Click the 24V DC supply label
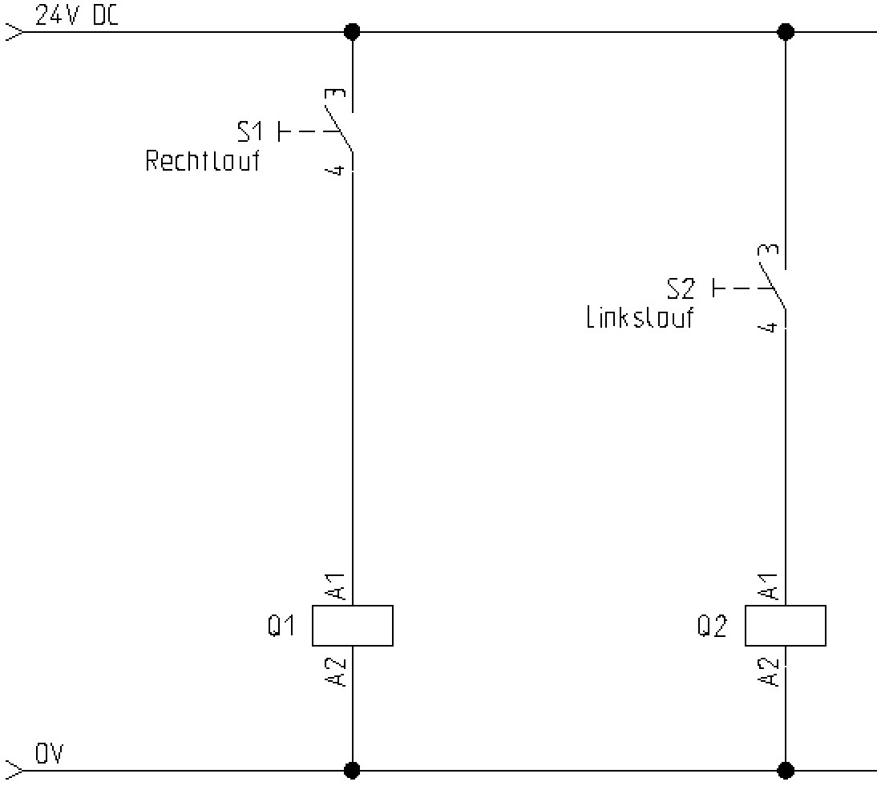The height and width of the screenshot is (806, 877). coord(77,16)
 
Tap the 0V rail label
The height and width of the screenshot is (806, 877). coord(49,754)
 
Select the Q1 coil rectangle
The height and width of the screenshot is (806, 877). coord(352,625)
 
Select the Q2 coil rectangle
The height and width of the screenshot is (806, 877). coord(785,625)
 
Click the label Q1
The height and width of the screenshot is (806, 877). coord(282,626)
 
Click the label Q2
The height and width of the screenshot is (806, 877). coord(712,626)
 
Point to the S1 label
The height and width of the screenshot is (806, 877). coord(251,131)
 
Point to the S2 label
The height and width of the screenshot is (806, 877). coord(682,288)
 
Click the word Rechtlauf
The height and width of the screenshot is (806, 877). coord(203,161)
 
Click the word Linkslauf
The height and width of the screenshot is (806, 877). coord(640,318)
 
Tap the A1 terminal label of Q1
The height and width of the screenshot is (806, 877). coord(337,586)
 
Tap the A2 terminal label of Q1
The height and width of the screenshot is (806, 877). coord(337,671)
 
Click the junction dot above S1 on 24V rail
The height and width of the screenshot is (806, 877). coord(352,32)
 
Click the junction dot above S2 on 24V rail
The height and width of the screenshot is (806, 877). coord(786,32)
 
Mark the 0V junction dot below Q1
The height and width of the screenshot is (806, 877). coord(352,771)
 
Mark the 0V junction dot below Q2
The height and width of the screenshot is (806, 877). coord(786,771)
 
